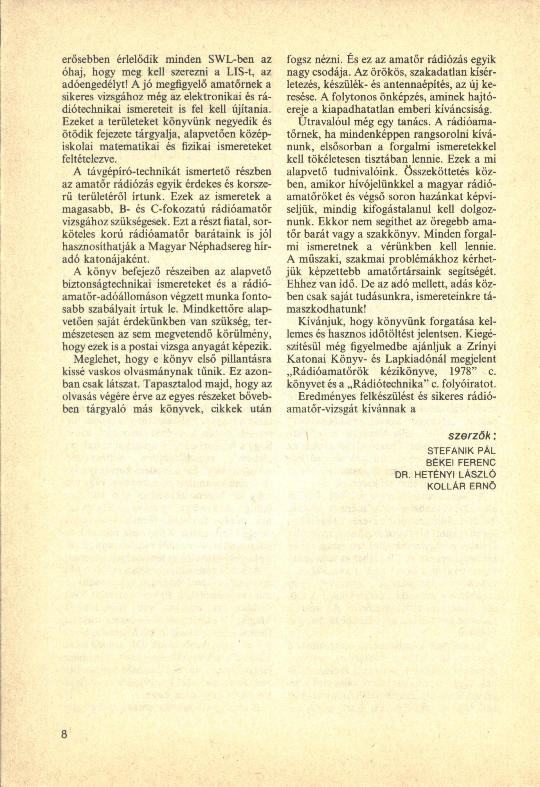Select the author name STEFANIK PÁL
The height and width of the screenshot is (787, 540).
point(462,451)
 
